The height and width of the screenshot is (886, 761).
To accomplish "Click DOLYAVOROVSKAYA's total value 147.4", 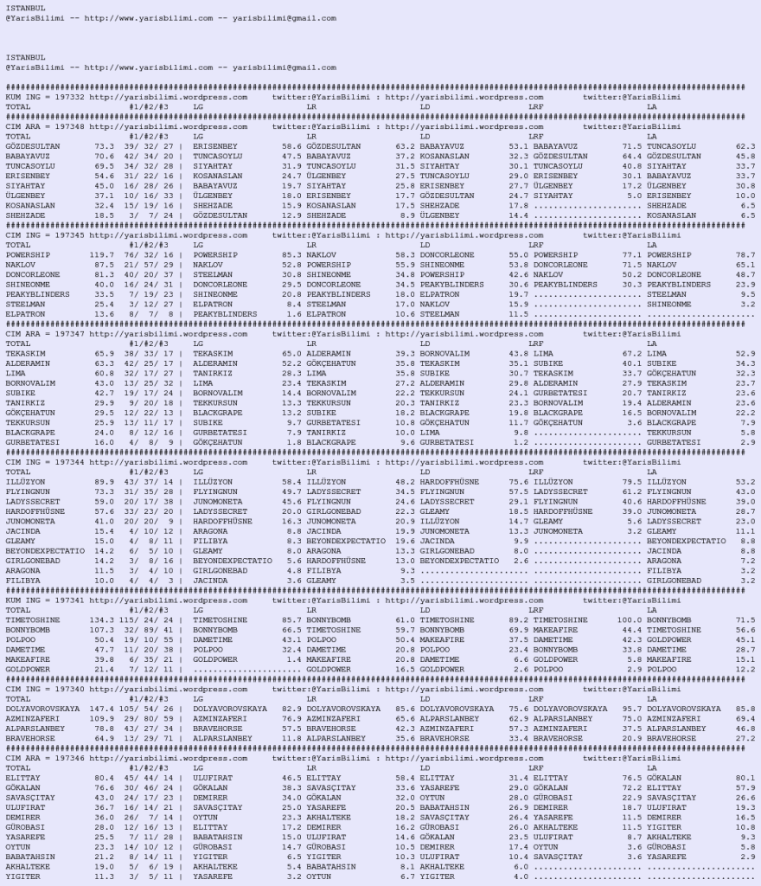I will pyautogui.click(x=100, y=708).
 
